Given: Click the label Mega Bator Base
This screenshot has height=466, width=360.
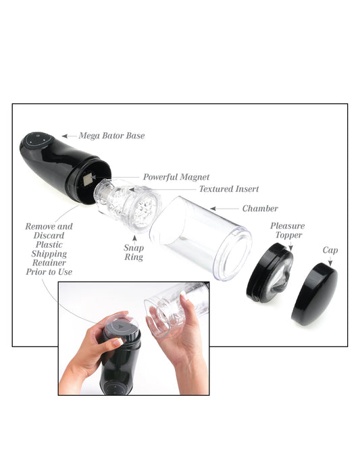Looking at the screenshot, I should pyautogui.click(x=111, y=136).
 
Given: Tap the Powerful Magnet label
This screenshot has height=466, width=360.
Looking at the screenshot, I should pyautogui.click(x=176, y=178).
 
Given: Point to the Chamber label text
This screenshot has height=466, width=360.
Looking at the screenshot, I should pyautogui.click(x=259, y=209).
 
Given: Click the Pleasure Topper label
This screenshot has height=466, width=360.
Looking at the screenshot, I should pyautogui.click(x=287, y=230).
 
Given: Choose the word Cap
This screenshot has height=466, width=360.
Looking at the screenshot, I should pyautogui.click(x=330, y=250).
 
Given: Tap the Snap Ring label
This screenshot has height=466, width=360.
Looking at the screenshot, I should pyautogui.click(x=133, y=252).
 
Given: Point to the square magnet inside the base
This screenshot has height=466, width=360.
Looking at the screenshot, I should pyautogui.click(x=87, y=180).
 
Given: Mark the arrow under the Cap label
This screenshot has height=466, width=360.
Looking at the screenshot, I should pyautogui.click(x=330, y=260).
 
